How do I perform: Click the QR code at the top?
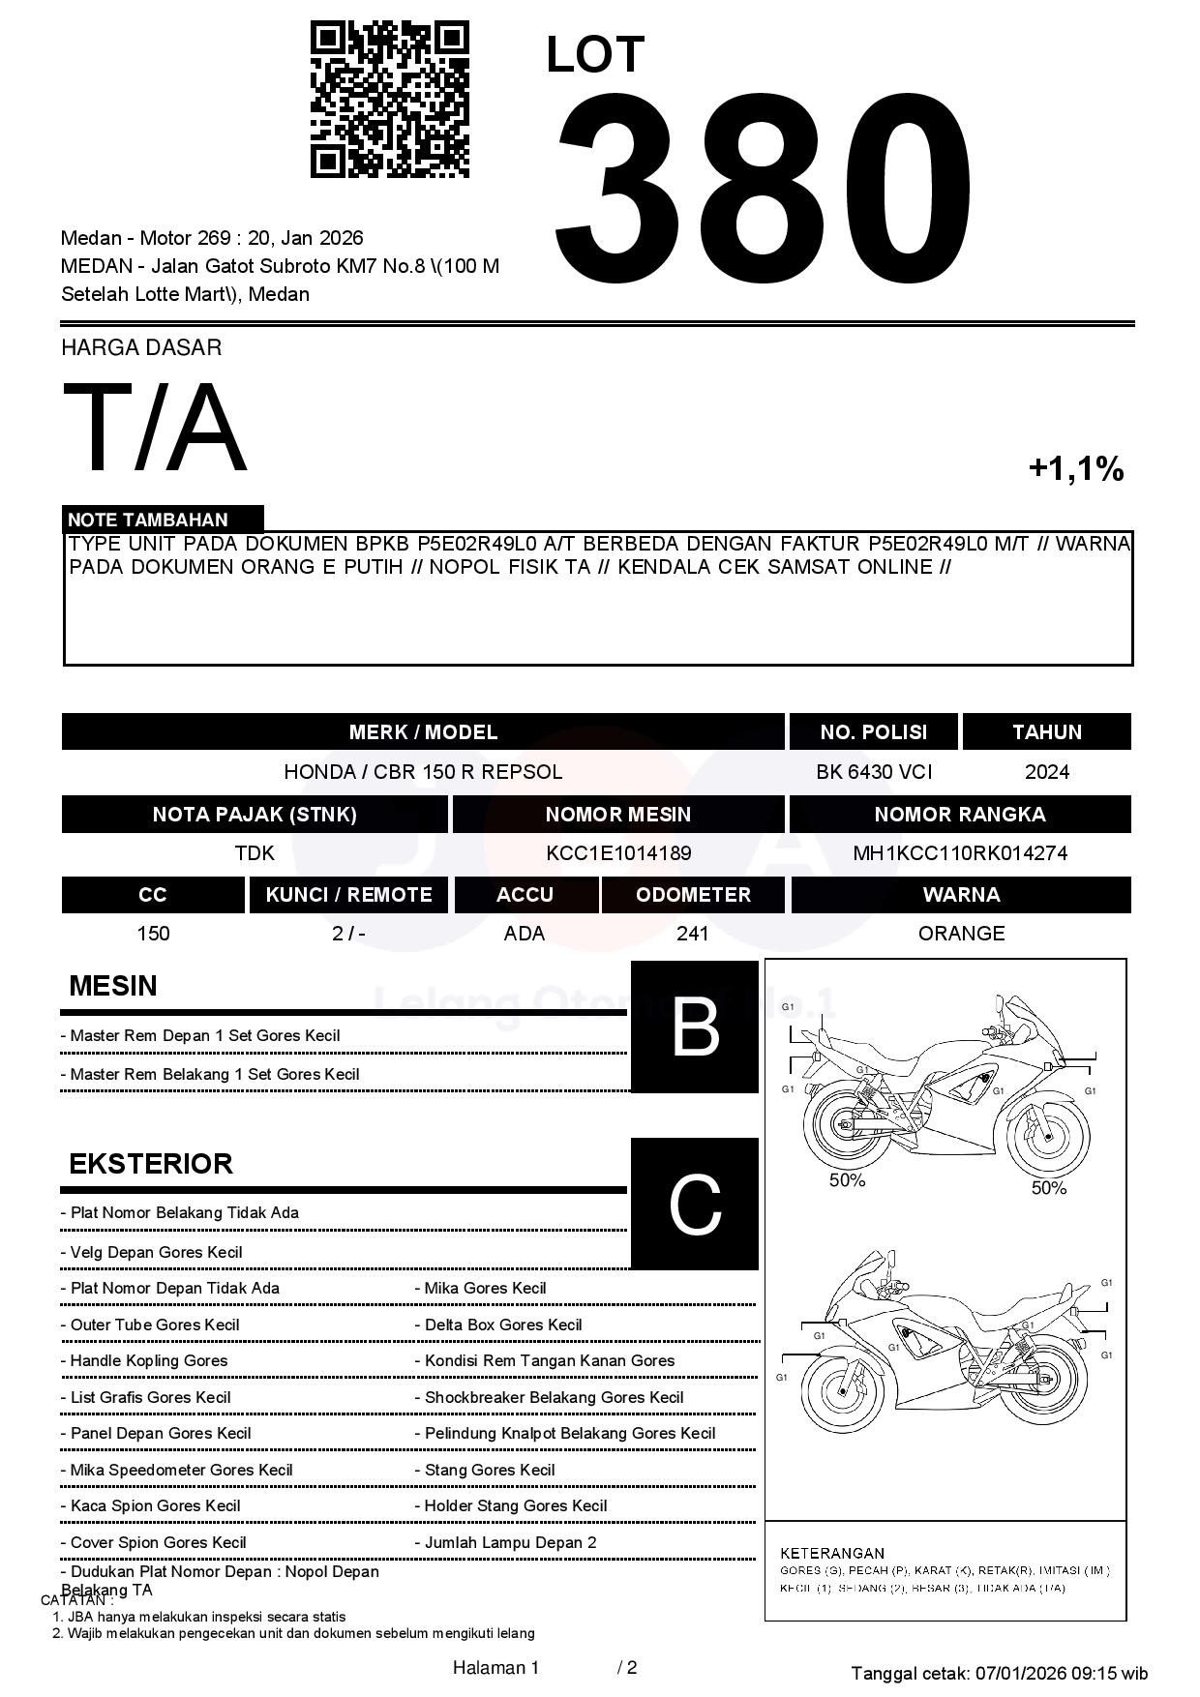coord(389,100)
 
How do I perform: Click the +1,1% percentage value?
coord(1075,469)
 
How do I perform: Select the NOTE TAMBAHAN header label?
coord(148,520)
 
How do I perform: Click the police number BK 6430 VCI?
coord(874,772)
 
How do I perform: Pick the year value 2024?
coord(1047,772)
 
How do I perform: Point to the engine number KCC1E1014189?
coord(618,853)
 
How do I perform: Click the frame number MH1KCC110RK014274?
coord(960,853)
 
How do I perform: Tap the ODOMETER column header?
coord(693,895)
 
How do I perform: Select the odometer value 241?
coord(693,934)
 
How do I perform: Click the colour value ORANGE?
coord(961,934)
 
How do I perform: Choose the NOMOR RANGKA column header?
coord(960,815)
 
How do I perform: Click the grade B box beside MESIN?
coord(695,1027)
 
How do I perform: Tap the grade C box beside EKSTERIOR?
coord(695,1204)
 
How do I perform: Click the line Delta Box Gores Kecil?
coord(503,1325)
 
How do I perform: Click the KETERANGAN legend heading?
coord(832,1553)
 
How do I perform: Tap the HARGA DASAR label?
coord(141,347)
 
